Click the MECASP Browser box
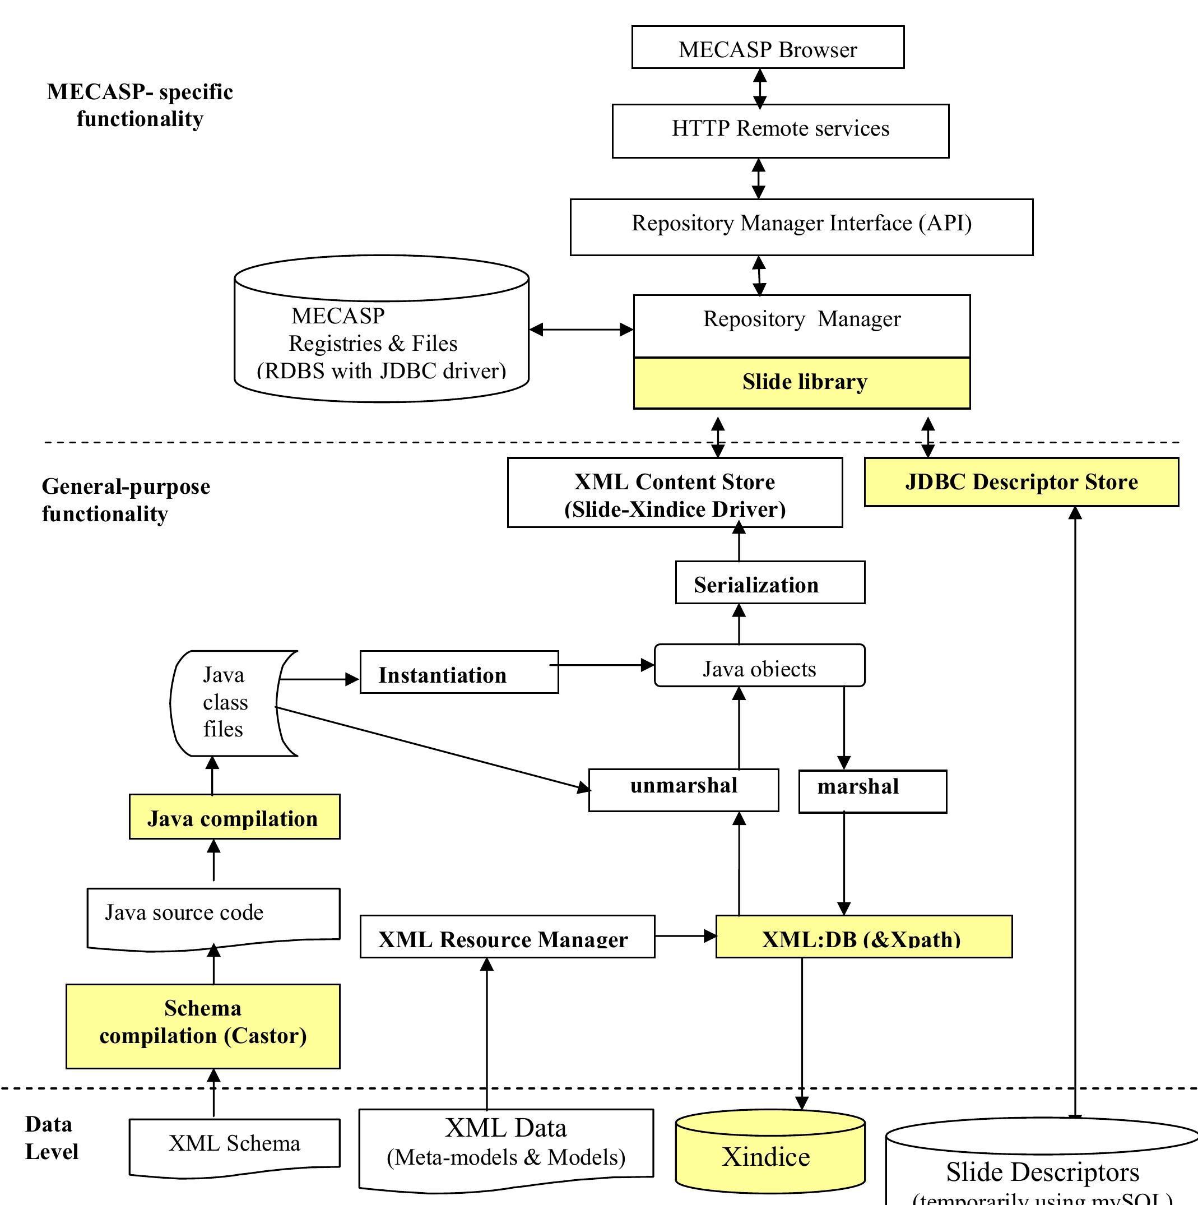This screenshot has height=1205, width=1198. tap(768, 48)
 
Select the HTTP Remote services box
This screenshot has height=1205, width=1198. tap(780, 131)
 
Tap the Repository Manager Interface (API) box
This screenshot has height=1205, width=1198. tap(801, 227)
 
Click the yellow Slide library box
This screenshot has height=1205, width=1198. tap(801, 383)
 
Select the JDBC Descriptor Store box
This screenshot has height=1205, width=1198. tap(1021, 482)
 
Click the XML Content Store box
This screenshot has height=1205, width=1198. tap(675, 493)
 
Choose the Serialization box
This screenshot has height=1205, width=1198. tap(769, 582)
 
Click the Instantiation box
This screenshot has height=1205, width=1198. tap(459, 672)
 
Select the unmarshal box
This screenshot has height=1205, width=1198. tap(684, 790)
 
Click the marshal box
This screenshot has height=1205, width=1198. tap(872, 791)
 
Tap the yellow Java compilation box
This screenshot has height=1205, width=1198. tap(234, 817)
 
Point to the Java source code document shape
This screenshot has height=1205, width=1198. tap(213, 916)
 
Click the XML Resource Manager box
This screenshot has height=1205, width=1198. tap(507, 937)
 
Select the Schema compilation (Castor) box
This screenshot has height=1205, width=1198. tap(203, 1026)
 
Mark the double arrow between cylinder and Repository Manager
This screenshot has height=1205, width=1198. tap(581, 330)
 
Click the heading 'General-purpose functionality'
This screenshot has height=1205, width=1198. tap(126, 500)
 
